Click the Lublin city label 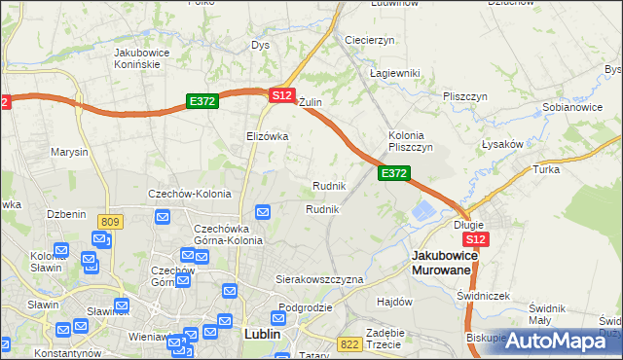(x=258, y=334)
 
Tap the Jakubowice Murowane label (x=442, y=262)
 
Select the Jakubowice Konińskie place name (x=136, y=57)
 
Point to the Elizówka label (x=268, y=136)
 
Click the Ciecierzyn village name (x=369, y=40)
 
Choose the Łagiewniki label (x=394, y=73)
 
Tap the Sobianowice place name (x=571, y=106)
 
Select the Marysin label (x=70, y=153)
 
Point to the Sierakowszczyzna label (x=318, y=279)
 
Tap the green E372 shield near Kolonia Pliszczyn (x=393, y=173)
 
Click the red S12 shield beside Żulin (x=281, y=95)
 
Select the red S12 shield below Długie (x=475, y=239)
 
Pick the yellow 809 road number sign (x=110, y=223)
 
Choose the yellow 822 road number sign (x=349, y=343)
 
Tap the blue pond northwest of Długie (x=425, y=211)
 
